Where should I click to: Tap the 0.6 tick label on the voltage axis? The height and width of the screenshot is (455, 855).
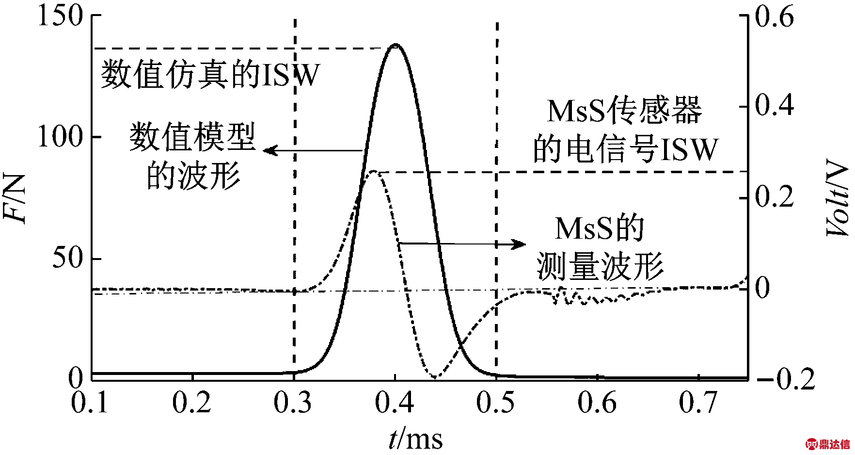(x=774, y=17)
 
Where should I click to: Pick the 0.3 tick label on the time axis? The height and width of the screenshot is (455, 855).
(x=293, y=403)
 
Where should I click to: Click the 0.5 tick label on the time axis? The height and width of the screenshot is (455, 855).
(x=495, y=403)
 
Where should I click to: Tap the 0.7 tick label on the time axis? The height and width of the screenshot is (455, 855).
(x=698, y=403)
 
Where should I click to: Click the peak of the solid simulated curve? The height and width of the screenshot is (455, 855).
(x=396, y=45)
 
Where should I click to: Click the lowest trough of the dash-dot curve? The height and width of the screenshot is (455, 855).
(x=435, y=377)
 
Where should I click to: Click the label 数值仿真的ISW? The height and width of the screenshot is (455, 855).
(x=209, y=75)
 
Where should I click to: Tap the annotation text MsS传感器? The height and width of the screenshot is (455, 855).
(x=624, y=111)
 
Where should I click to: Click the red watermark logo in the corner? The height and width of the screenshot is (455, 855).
(x=828, y=444)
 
